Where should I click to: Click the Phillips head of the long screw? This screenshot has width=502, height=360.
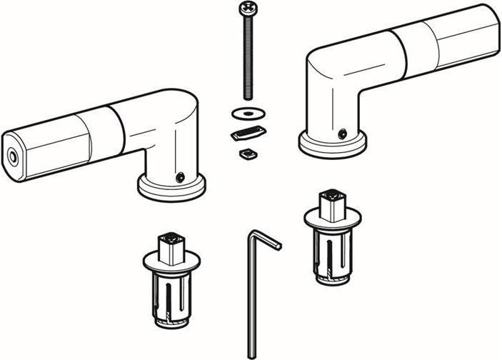pos(247,9)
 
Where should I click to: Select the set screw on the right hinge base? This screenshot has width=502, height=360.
pos(343,133)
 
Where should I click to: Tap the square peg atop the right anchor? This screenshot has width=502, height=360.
pos(333,203)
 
